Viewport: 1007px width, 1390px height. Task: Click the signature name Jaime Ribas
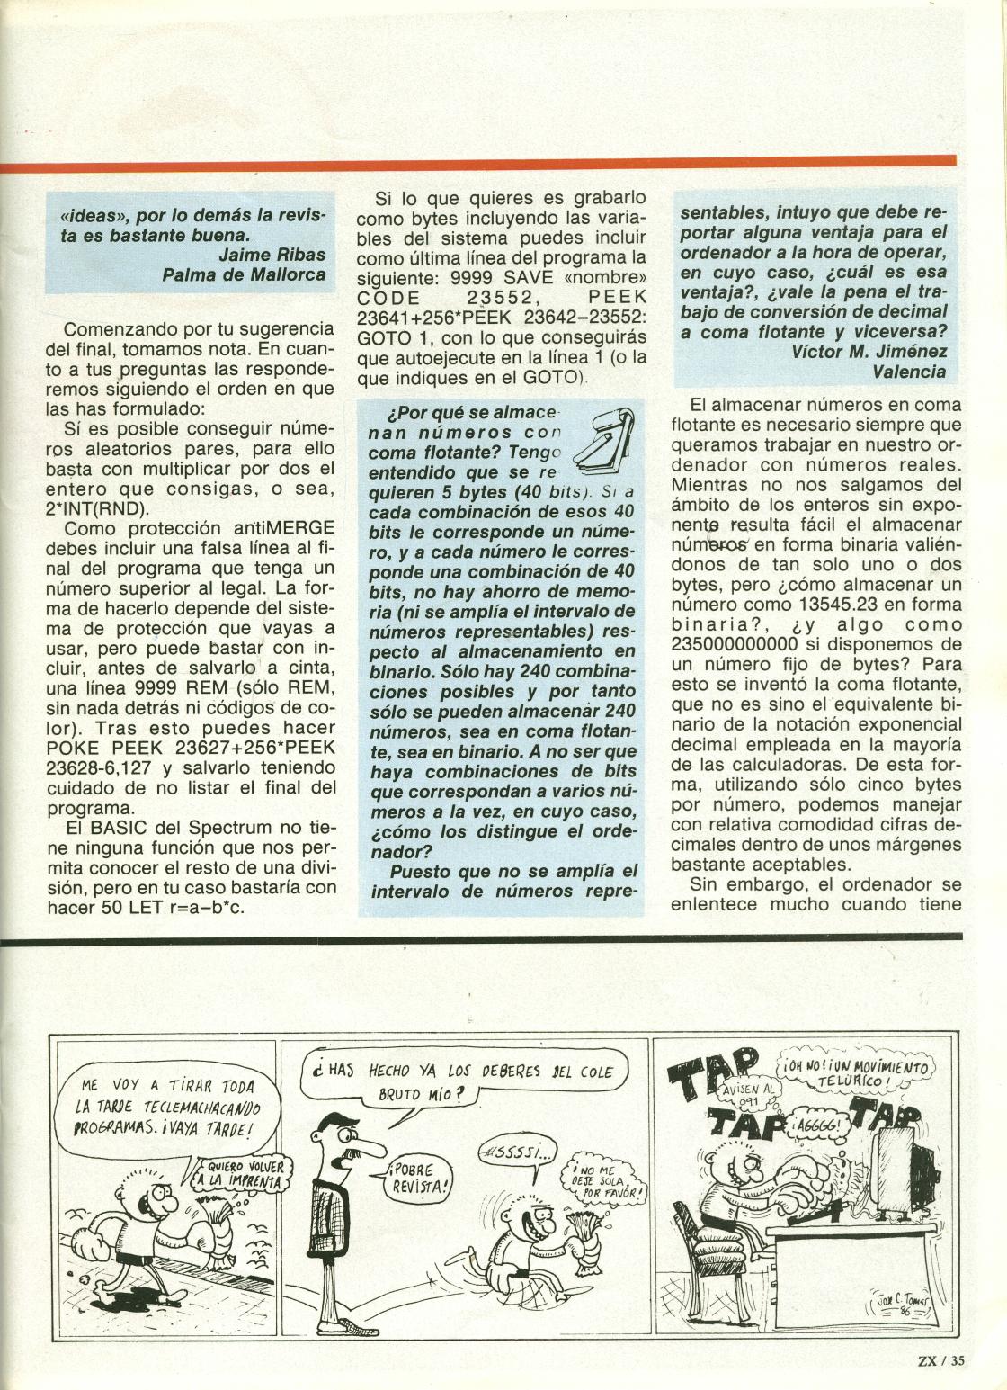pos(272,255)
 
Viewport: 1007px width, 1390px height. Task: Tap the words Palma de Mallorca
pos(244,274)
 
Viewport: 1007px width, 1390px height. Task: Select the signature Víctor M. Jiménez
pos(869,351)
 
